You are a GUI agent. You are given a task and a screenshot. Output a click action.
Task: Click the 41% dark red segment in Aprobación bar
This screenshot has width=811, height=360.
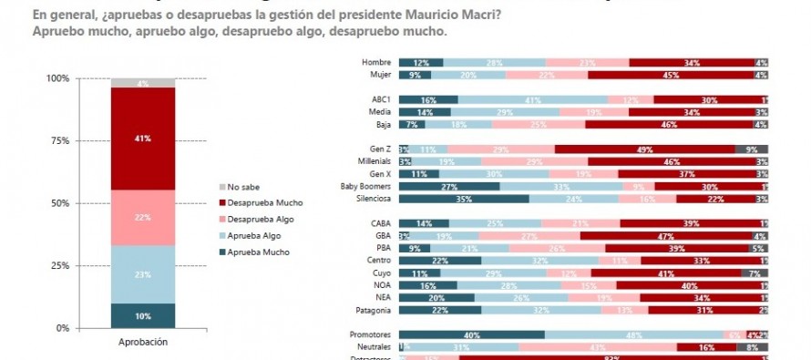143,139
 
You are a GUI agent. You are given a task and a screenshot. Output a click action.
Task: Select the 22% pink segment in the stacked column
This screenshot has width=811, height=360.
143,217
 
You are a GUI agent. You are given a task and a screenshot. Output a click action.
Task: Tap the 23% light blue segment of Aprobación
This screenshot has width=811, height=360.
143,274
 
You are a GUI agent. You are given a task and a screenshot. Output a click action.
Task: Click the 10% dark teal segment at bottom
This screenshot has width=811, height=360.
143,315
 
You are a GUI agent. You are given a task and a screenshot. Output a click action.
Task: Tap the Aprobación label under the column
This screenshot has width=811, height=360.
143,342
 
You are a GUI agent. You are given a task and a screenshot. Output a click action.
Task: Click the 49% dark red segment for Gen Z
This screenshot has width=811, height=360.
644,149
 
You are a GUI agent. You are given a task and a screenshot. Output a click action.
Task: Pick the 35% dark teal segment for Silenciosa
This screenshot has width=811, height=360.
464,198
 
